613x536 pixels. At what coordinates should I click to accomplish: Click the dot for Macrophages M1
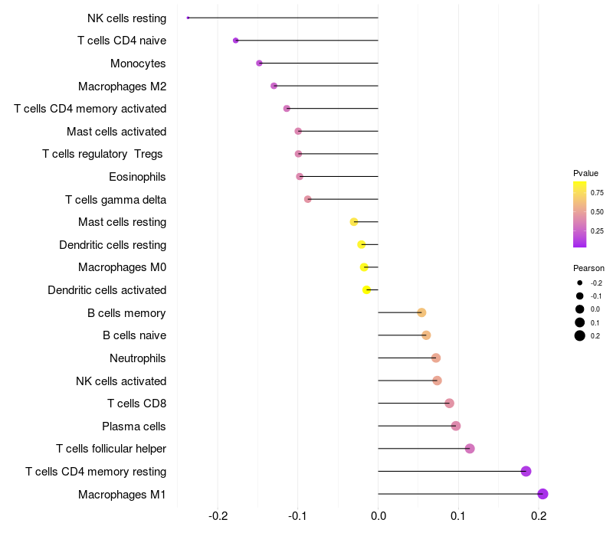(x=543, y=494)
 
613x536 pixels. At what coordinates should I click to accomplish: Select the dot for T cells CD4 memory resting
(x=526, y=471)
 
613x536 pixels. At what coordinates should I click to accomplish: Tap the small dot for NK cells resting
(x=188, y=18)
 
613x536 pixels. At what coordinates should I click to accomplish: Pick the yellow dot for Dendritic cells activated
(x=366, y=289)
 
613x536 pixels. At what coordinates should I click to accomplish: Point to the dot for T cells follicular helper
(x=470, y=449)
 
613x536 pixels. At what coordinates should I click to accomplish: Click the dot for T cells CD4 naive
(x=235, y=41)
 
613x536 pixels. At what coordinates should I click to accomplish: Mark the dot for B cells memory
(x=421, y=312)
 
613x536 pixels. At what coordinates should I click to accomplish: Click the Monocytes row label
(x=138, y=63)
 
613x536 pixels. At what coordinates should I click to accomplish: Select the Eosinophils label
(x=138, y=177)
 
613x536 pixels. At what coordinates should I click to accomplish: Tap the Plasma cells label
(x=134, y=426)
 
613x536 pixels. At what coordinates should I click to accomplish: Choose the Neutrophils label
(x=138, y=358)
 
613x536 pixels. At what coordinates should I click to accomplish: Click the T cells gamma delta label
(x=116, y=200)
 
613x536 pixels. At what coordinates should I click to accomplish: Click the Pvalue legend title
(x=585, y=173)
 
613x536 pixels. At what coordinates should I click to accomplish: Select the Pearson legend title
(x=588, y=269)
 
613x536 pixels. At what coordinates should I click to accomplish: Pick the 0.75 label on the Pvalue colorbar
(x=597, y=193)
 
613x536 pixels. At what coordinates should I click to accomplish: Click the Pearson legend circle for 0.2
(x=580, y=335)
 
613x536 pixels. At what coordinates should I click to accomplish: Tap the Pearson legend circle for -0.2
(x=580, y=283)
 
